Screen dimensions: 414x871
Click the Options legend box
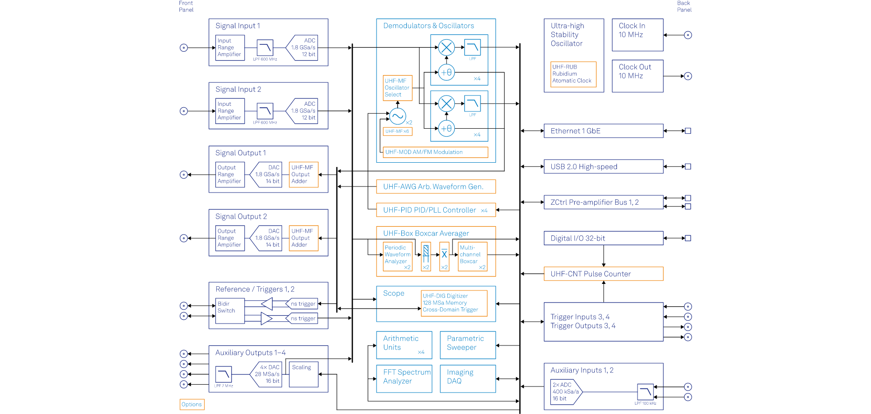click(192, 404)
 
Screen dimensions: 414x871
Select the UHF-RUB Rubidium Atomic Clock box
click(573, 74)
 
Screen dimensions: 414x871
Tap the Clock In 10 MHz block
click(637, 35)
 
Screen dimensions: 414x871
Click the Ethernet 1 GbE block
click(603, 131)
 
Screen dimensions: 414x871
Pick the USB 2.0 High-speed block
click(603, 166)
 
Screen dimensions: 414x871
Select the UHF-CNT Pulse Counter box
click(603, 274)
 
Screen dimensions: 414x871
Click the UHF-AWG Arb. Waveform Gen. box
click(435, 186)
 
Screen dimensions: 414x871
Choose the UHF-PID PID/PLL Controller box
click(435, 210)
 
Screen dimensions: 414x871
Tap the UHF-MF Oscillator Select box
click(398, 88)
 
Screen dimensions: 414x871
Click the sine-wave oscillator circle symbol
click(398, 116)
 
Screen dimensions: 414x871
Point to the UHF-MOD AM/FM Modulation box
click(435, 152)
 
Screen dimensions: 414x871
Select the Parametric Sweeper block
click(467, 345)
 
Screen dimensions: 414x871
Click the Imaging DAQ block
click(467, 379)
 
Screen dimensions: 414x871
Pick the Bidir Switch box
click(230, 311)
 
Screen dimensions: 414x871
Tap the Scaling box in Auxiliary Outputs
click(303, 374)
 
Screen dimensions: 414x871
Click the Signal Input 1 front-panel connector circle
click(184, 48)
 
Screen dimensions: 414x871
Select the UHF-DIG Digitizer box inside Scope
click(454, 303)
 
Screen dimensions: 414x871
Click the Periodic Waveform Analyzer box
click(398, 256)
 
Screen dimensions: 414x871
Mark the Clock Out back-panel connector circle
click(688, 76)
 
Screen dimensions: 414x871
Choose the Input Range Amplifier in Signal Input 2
click(230, 111)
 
